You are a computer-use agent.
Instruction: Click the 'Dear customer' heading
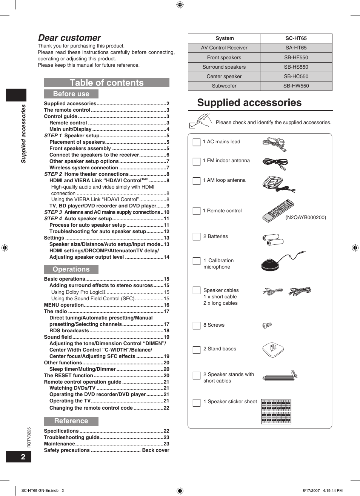point(69,38)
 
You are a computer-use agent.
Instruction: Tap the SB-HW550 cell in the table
point(296,86)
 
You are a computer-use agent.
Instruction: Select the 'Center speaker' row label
point(224,77)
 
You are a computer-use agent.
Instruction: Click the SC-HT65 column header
point(296,38)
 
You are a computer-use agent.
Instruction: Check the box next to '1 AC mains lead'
point(197,142)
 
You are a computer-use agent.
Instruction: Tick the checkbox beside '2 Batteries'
point(197,236)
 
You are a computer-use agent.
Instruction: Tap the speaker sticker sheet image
point(276,412)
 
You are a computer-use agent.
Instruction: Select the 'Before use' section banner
point(71,94)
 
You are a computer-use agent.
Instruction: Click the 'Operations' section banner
point(71,269)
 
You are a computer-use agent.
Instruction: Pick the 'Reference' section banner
point(71,421)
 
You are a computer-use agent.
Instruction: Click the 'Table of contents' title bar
point(107,83)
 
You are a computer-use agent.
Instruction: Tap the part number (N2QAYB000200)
point(305,218)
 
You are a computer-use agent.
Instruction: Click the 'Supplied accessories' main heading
point(249,103)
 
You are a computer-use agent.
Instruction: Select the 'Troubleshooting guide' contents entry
point(72,438)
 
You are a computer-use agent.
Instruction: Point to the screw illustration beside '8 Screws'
point(267,325)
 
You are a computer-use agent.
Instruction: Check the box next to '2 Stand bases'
point(197,350)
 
